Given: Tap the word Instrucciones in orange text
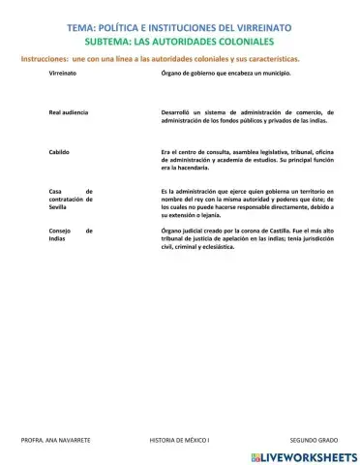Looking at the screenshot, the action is [44, 59].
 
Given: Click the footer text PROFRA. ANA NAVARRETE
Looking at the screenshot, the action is [55, 440].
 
